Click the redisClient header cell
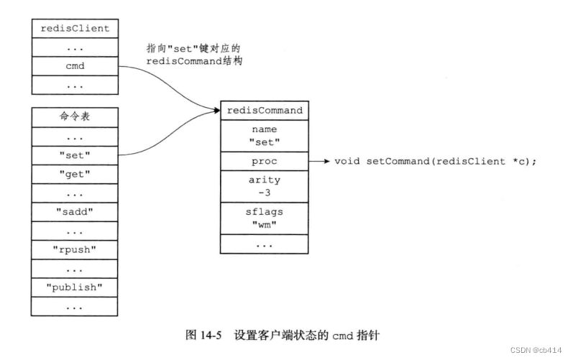pos(75,29)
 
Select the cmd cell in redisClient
pos(75,67)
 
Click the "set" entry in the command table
pos(75,154)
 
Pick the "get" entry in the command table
pos(75,174)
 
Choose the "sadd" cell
pos(75,213)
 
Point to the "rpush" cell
pos(75,251)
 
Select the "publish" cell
pos(75,288)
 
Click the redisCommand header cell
pos(265,111)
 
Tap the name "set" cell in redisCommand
pos(265,136)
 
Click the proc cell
pos(265,161)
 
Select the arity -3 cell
pos(265,186)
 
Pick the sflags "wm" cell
pos(265,218)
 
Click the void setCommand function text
pos(436,161)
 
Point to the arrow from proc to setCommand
pos(319,161)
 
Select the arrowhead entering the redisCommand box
pos(216,111)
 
